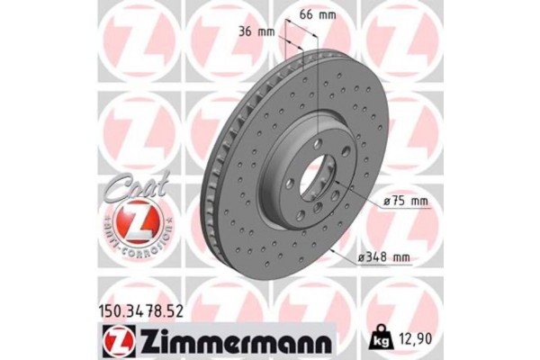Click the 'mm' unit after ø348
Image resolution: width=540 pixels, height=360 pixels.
pyautogui.click(x=399, y=258)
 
